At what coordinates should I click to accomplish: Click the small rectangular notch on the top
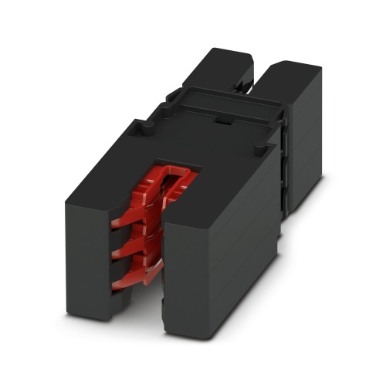coord(222,121)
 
